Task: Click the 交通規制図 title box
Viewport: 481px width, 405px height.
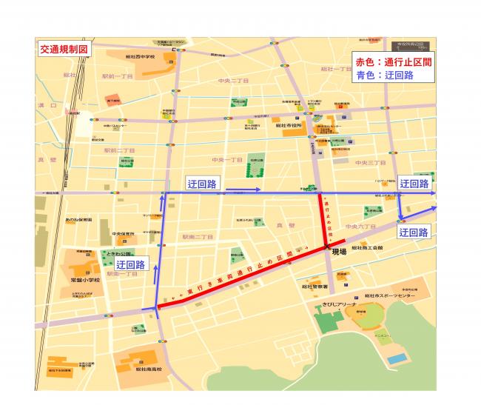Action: click(64, 50)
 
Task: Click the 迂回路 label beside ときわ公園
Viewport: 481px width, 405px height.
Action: click(130, 264)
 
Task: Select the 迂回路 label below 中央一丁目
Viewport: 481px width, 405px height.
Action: click(201, 184)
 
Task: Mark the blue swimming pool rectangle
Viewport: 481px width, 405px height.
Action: click(397, 358)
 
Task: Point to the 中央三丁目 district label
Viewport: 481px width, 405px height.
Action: click(370, 161)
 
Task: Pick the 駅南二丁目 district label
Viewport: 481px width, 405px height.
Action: click(197, 237)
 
